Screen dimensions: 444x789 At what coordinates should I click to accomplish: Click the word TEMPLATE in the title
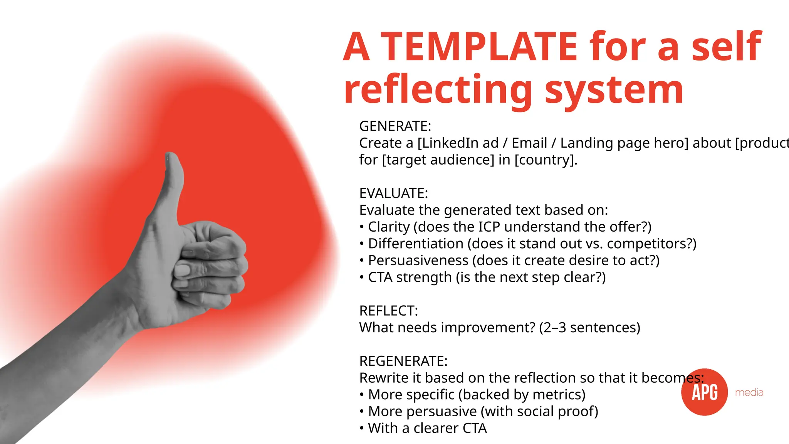tap(479, 47)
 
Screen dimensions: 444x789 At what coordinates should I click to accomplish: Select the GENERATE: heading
tap(395, 126)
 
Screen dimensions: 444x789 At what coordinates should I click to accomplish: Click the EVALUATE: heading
tap(393, 193)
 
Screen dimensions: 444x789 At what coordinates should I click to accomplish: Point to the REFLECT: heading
tap(388, 311)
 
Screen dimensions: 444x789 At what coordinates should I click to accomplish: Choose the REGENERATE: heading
tap(403, 361)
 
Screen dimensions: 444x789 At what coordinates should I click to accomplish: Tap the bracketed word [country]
tap(546, 160)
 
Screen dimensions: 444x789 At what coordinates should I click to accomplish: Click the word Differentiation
tap(416, 244)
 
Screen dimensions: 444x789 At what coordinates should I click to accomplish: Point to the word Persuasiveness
tap(418, 261)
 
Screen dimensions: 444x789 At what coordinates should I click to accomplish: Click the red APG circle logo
tap(704, 392)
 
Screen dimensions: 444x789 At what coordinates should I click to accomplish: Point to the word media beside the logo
tap(749, 393)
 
